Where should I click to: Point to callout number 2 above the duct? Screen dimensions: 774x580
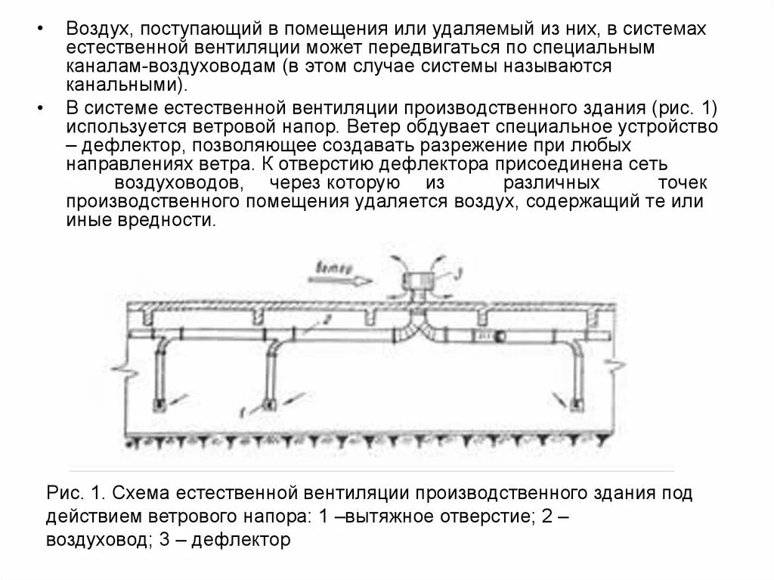point(324,320)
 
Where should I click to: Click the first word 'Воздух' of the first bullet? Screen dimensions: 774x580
point(96,28)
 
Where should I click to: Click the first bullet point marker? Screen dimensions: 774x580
point(40,29)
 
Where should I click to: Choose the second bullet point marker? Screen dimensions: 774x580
point(40,106)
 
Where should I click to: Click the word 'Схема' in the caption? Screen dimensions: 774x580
point(139,493)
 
